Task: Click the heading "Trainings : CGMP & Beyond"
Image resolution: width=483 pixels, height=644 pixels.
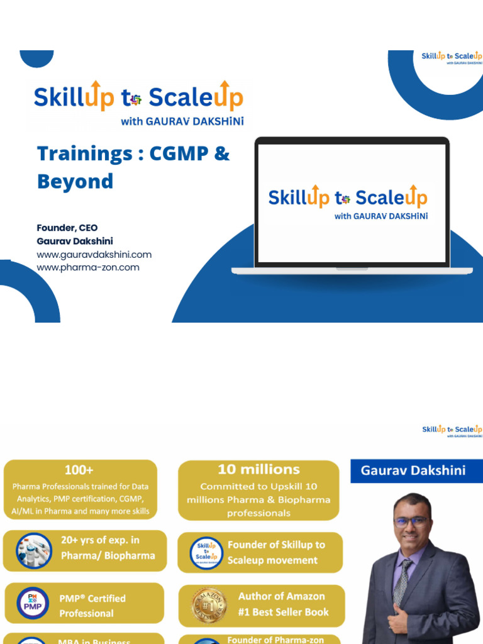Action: click(x=133, y=167)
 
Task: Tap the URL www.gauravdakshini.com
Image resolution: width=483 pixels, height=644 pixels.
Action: click(x=94, y=255)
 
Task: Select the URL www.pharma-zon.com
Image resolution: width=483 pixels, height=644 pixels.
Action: click(x=88, y=267)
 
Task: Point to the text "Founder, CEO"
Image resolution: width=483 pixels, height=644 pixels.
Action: click(x=67, y=228)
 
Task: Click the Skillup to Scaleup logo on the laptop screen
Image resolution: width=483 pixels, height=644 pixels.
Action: click(x=348, y=201)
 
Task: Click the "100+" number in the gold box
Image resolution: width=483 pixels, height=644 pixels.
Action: click(x=80, y=470)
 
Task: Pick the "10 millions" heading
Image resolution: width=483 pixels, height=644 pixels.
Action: click(x=258, y=470)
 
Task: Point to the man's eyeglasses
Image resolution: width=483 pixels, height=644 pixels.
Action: click(x=411, y=521)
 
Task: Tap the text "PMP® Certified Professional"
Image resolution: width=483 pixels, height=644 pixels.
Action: click(x=92, y=606)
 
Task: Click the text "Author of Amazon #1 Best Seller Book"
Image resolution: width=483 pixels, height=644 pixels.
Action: click(x=281, y=604)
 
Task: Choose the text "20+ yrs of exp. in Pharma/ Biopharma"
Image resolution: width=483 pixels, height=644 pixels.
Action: click(x=108, y=548)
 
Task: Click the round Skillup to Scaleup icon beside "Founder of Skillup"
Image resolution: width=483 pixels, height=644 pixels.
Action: click(x=206, y=552)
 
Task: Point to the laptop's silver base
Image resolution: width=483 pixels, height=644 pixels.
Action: click(x=352, y=270)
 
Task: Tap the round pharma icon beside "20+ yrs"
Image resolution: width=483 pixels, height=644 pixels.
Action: click(x=33, y=550)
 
